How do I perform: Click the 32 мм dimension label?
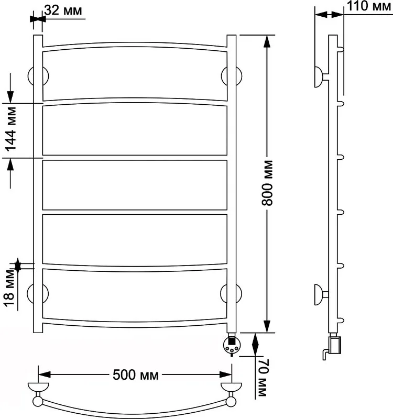click(63, 10)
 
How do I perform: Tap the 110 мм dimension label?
click(369, 6)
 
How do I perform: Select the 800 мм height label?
click(267, 183)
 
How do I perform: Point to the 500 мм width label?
click(136, 375)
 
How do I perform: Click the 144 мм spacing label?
click(11, 129)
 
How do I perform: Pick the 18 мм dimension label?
click(9, 288)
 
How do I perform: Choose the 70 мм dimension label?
click(263, 378)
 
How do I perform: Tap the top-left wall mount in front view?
click(38, 76)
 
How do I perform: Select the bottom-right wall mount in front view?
click(231, 293)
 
